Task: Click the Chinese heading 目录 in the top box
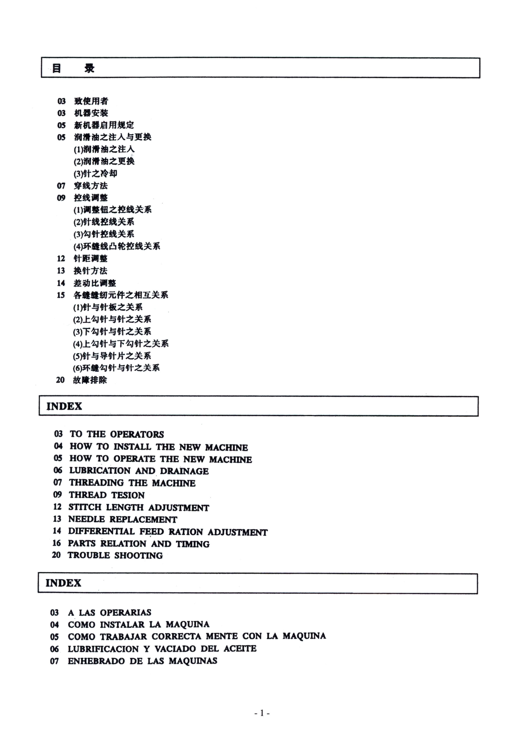tap(73, 68)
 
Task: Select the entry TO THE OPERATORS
tap(117, 434)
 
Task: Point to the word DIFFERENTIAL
tap(101, 531)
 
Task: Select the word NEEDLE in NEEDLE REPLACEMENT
tap(87, 519)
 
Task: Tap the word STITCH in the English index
tap(85, 507)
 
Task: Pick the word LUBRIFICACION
tap(103, 649)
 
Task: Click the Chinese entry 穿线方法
tap(91, 185)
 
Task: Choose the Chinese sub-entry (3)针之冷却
tap(95, 173)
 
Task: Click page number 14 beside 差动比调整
tap(61, 283)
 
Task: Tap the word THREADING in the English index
tap(96, 483)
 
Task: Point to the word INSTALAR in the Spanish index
tap(122, 625)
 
